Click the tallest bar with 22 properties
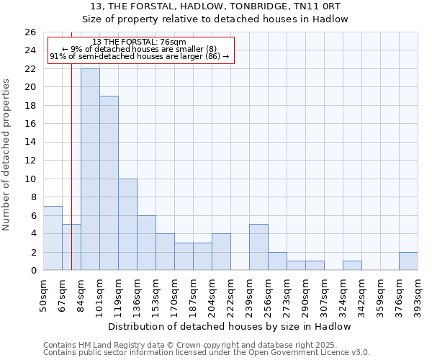pyautogui.click(x=90, y=169)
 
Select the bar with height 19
pyautogui.click(x=109, y=183)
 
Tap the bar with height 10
pyautogui.click(x=127, y=224)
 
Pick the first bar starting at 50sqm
pyautogui.click(x=53, y=238)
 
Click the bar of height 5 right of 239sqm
pyautogui.click(x=258, y=247)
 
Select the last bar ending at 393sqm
pyautogui.click(x=408, y=261)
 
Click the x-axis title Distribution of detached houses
pyautogui.click(x=230, y=326)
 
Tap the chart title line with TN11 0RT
pyautogui.click(x=215, y=6)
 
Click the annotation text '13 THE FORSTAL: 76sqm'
pyautogui.click(x=140, y=42)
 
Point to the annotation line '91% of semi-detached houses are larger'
pyautogui.click(x=140, y=55)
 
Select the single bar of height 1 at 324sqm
pyautogui.click(x=352, y=265)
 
